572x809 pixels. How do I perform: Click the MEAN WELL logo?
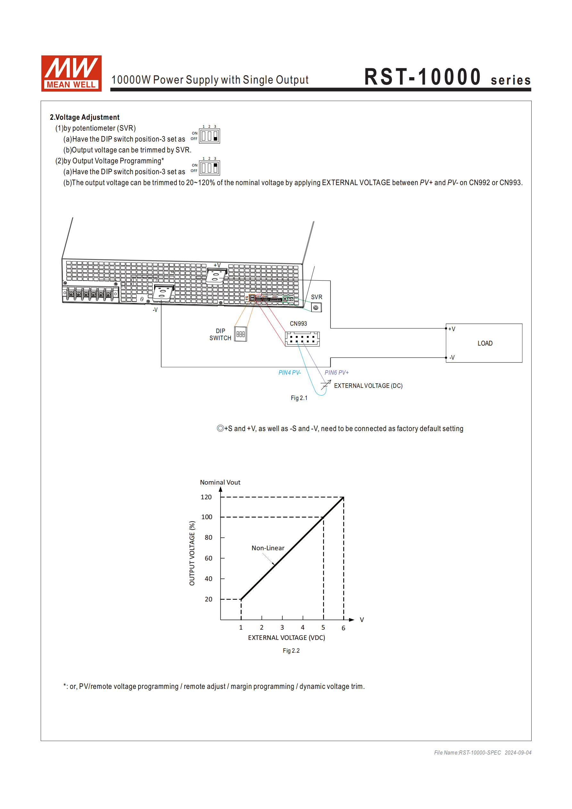coord(71,73)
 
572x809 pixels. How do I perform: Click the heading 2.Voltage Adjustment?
coord(84,117)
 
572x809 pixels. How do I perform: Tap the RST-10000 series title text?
coord(447,77)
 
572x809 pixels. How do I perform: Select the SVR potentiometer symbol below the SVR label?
coord(316,307)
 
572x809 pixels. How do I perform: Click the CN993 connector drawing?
coord(302,339)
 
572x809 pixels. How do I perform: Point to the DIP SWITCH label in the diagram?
coord(220,334)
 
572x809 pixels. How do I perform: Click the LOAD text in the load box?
coord(485,343)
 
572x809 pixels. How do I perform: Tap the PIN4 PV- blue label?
coord(290,372)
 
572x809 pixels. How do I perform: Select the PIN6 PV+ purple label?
coord(336,372)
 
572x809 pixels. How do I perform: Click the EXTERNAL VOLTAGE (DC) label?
coord(368,386)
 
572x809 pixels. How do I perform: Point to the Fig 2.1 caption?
coord(299,398)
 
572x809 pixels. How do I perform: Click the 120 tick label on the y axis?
coord(206,497)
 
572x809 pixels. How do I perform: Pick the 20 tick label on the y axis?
coord(208,599)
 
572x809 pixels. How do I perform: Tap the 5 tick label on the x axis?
coord(323,627)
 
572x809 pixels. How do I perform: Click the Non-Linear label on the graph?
coord(268,548)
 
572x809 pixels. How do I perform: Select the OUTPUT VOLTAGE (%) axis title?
coord(192,553)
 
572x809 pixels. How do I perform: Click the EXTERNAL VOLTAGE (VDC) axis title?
coord(286,637)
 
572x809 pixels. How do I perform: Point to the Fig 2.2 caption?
coord(291,650)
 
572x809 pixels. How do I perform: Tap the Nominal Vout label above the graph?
coord(220,482)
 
